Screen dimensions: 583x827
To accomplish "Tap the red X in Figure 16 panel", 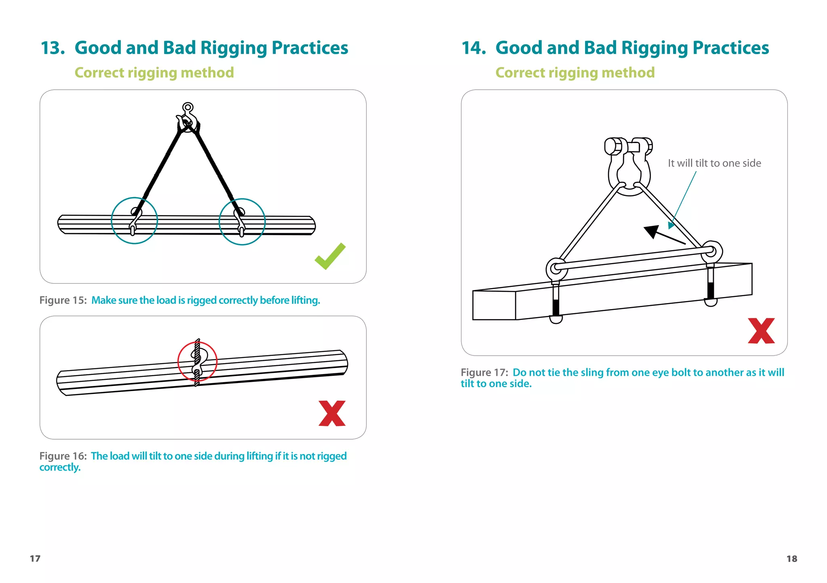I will coord(332,413).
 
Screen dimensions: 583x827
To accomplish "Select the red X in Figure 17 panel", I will coord(761,331).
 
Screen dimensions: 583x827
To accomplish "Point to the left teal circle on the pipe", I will coord(134,221).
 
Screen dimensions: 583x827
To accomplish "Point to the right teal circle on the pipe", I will coord(242,222).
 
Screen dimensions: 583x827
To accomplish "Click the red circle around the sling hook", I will coord(197,362).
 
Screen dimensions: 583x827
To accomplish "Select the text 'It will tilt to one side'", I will coord(714,163).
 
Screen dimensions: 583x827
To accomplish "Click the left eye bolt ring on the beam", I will coord(556,268).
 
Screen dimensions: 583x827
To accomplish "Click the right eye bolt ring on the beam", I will coord(712,251).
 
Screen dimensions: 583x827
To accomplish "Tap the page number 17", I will coord(35,558).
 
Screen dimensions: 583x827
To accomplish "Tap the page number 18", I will coord(791,558).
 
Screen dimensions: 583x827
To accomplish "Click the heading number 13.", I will coord(52,48).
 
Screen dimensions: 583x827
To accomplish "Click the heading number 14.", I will coord(473,48).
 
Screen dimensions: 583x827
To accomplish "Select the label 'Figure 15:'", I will coord(63,300).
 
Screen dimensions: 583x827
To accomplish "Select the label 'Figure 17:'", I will coord(484,373).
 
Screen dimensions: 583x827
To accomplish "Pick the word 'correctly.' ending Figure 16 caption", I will coord(60,467).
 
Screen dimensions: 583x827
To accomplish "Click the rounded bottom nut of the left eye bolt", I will coord(556,319).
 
